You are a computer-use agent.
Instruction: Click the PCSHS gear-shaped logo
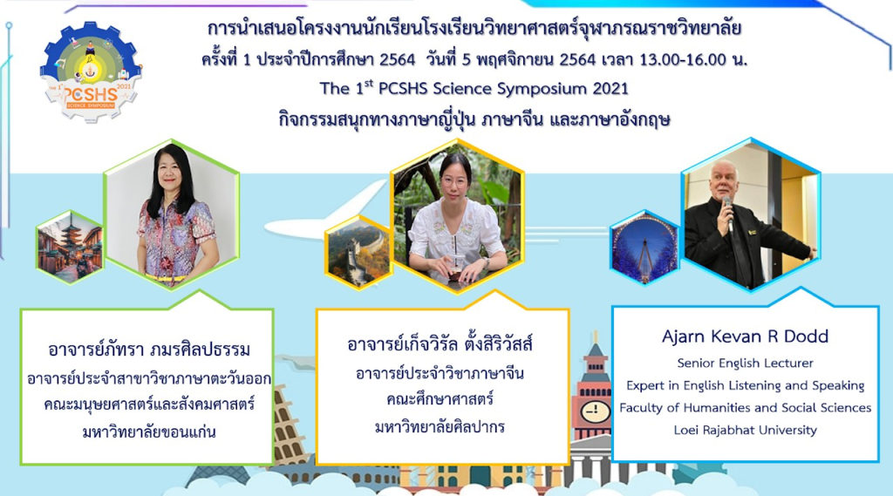click(91, 71)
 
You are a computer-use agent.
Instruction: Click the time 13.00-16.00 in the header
click(683, 59)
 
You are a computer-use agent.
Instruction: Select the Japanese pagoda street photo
click(70, 246)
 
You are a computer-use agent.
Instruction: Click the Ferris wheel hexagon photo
click(644, 247)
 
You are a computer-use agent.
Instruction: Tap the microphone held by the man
click(728, 213)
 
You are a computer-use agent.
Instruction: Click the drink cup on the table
click(457, 267)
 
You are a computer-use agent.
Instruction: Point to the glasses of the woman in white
click(453, 181)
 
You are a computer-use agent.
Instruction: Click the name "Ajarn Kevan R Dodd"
click(745, 336)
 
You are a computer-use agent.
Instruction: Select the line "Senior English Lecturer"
click(745, 363)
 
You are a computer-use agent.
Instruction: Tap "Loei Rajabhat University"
click(745, 430)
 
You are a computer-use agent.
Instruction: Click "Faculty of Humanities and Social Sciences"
click(745, 408)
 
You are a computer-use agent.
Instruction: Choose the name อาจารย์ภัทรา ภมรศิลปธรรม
click(149, 349)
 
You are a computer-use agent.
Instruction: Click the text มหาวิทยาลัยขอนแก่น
click(149, 431)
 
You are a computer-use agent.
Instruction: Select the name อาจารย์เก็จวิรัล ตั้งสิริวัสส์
click(440, 344)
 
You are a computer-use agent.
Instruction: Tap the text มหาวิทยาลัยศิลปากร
click(440, 426)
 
